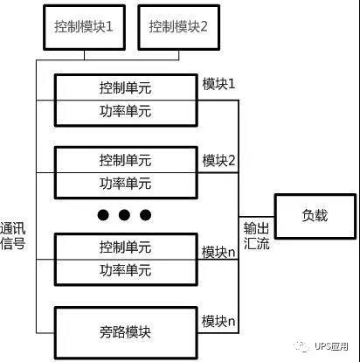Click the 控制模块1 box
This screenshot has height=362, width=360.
click(84, 27)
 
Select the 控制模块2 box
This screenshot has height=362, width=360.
click(178, 27)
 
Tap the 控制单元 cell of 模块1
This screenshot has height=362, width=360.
click(126, 87)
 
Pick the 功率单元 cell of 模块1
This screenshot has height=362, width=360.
click(126, 113)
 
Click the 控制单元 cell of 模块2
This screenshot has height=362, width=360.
click(126, 160)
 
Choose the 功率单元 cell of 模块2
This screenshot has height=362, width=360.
click(126, 185)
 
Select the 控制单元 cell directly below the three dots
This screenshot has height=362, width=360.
click(126, 247)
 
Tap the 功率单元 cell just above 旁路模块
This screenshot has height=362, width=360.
click(126, 272)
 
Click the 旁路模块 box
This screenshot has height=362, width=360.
click(126, 332)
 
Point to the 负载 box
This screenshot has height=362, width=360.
click(315, 216)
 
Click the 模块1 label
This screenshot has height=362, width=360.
click(218, 84)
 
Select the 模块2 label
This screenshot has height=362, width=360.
click(218, 160)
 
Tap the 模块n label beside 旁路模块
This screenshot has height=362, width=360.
click(218, 321)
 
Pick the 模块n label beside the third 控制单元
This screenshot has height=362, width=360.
click(218, 252)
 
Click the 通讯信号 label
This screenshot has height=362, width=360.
click(12, 236)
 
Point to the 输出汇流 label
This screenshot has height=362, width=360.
click(256, 235)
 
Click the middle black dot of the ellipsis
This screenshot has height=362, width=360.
click(124, 215)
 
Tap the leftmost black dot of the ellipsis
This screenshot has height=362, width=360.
click(103, 215)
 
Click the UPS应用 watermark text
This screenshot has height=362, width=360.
click(331, 346)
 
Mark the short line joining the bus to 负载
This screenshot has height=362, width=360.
click(257, 217)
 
